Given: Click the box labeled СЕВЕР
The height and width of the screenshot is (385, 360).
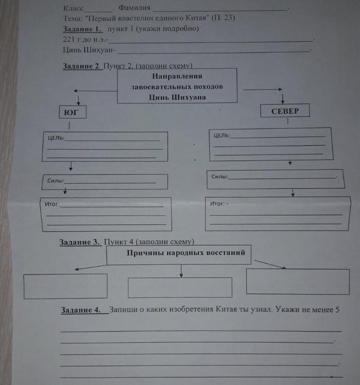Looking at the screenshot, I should click(x=285, y=111).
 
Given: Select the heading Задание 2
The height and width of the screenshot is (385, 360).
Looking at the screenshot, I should click(x=81, y=66).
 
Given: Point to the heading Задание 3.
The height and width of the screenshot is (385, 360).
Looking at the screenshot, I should click(x=80, y=242).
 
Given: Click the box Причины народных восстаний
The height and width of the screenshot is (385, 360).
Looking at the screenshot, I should click(x=178, y=254).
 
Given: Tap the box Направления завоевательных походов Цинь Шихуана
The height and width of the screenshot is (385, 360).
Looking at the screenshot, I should click(x=177, y=86).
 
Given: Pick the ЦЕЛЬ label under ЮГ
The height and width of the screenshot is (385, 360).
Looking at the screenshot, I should click(x=55, y=138).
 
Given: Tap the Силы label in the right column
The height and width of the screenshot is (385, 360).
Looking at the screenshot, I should click(x=219, y=177).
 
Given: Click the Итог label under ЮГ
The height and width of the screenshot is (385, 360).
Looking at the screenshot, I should click(x=53, y=204).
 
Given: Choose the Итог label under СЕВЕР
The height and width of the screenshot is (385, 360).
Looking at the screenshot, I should click(x=218, y=204).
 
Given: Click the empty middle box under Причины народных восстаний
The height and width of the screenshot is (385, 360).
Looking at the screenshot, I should click(x=180, y=287).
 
